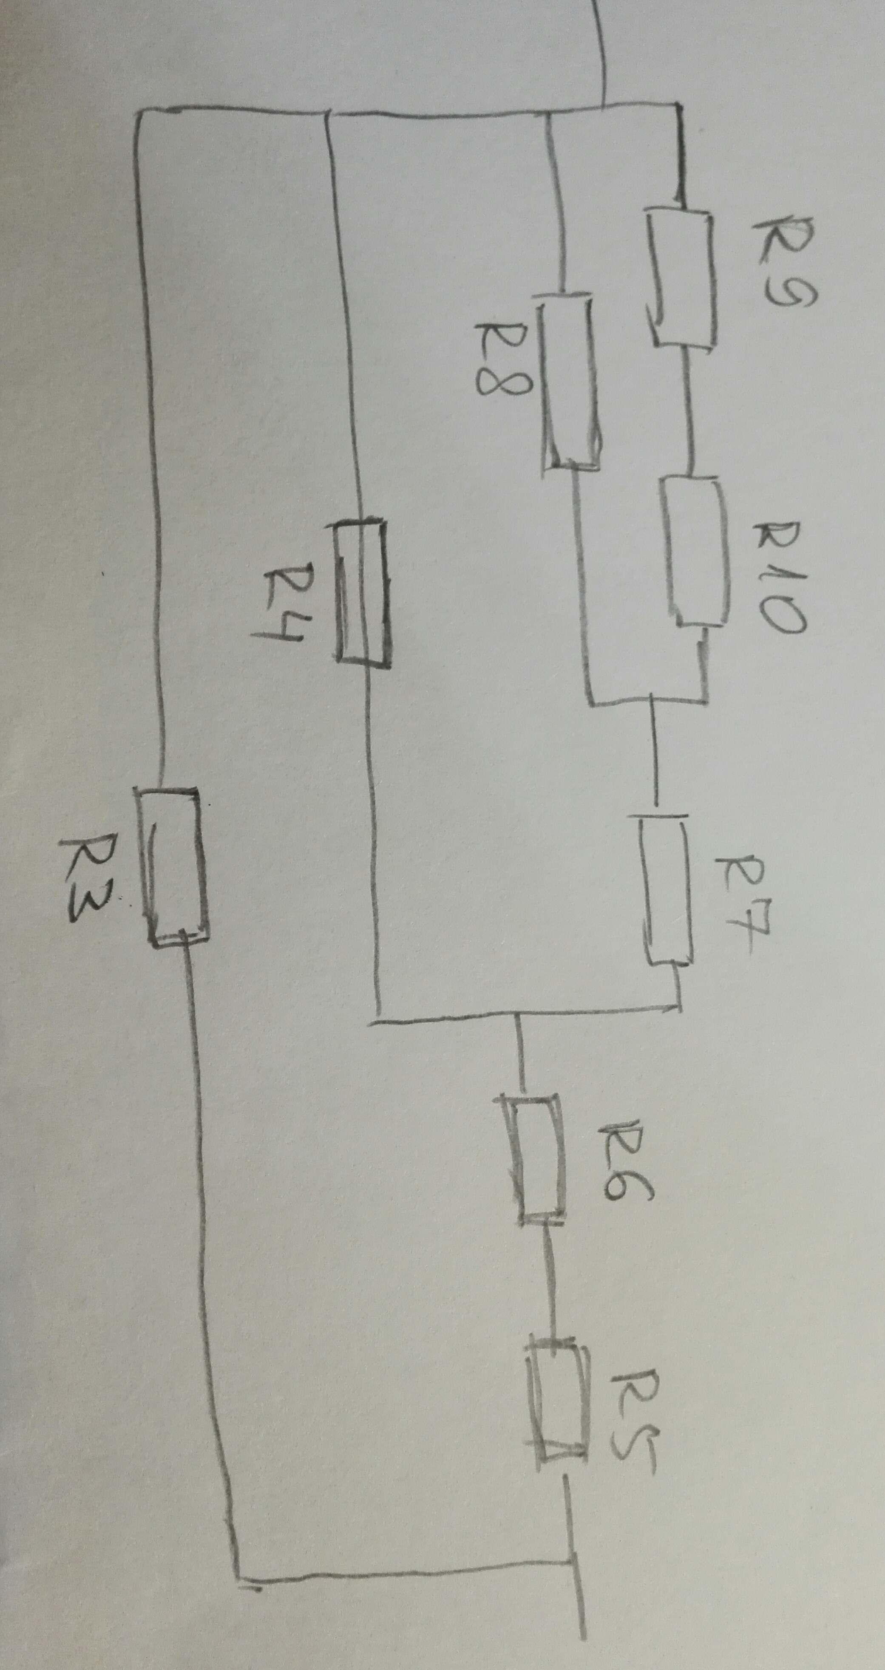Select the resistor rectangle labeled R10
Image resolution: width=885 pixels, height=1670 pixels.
click(694, 551)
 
